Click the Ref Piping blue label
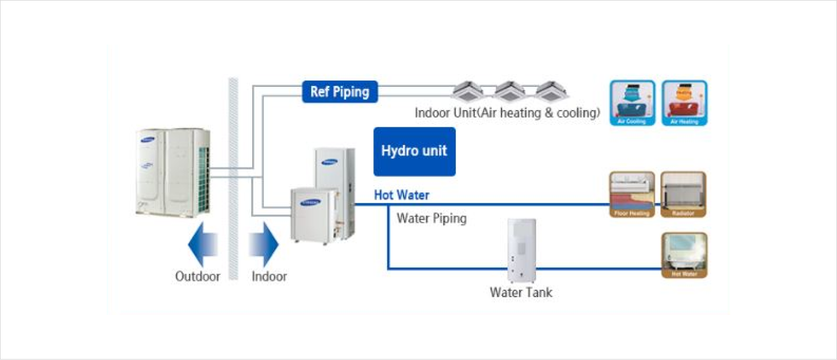(x=340, y=92)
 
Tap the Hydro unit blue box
(x=414, y=151)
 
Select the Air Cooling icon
(x=632, y=103)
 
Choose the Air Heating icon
(x=684, y=103)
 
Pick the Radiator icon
(x=684, y=194)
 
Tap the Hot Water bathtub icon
(x=684, y=255)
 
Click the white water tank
(x=520, y=251)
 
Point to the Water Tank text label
(x=520, y=293)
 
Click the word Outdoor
(x=197, y=277)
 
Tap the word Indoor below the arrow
(x=269, y=277)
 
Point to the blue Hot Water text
(x=401, y=195)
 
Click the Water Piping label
(x=431, y=218)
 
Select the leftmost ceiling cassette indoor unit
(x=468, y=92)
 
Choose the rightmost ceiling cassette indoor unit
(x=550, y=92)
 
